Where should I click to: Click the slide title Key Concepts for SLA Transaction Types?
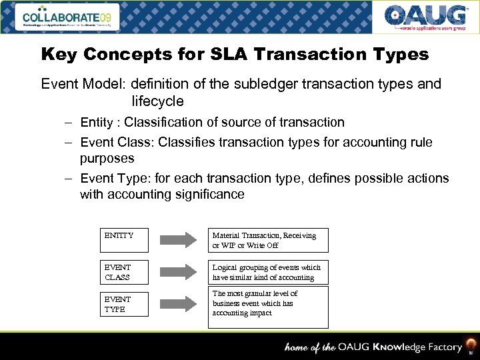235,55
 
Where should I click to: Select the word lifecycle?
157,101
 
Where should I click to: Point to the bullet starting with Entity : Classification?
212,123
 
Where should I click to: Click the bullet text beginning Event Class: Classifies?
256,142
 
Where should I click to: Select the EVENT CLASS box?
125,272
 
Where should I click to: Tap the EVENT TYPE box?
125,304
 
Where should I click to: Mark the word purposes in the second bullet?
107,159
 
